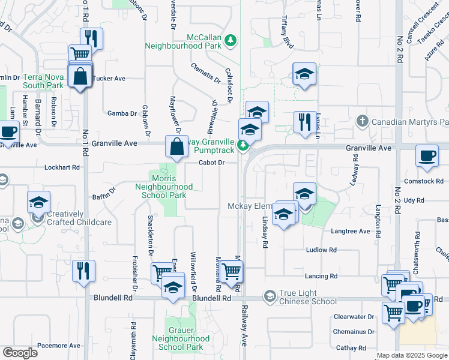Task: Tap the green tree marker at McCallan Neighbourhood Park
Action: click(231, 41)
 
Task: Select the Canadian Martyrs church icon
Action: click(361, 121)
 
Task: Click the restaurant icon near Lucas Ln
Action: click(304, 122)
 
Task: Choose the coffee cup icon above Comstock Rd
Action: click(426, 157)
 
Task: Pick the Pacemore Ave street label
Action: click(58, 346)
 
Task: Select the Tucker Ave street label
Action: click(110, 79)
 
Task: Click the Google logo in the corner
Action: click(20, 353)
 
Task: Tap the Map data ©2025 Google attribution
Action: click(412, 356)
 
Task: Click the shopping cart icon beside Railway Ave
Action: click(231, 271)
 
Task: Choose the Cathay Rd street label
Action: click(351, 348)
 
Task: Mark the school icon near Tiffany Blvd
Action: click(304, 74)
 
